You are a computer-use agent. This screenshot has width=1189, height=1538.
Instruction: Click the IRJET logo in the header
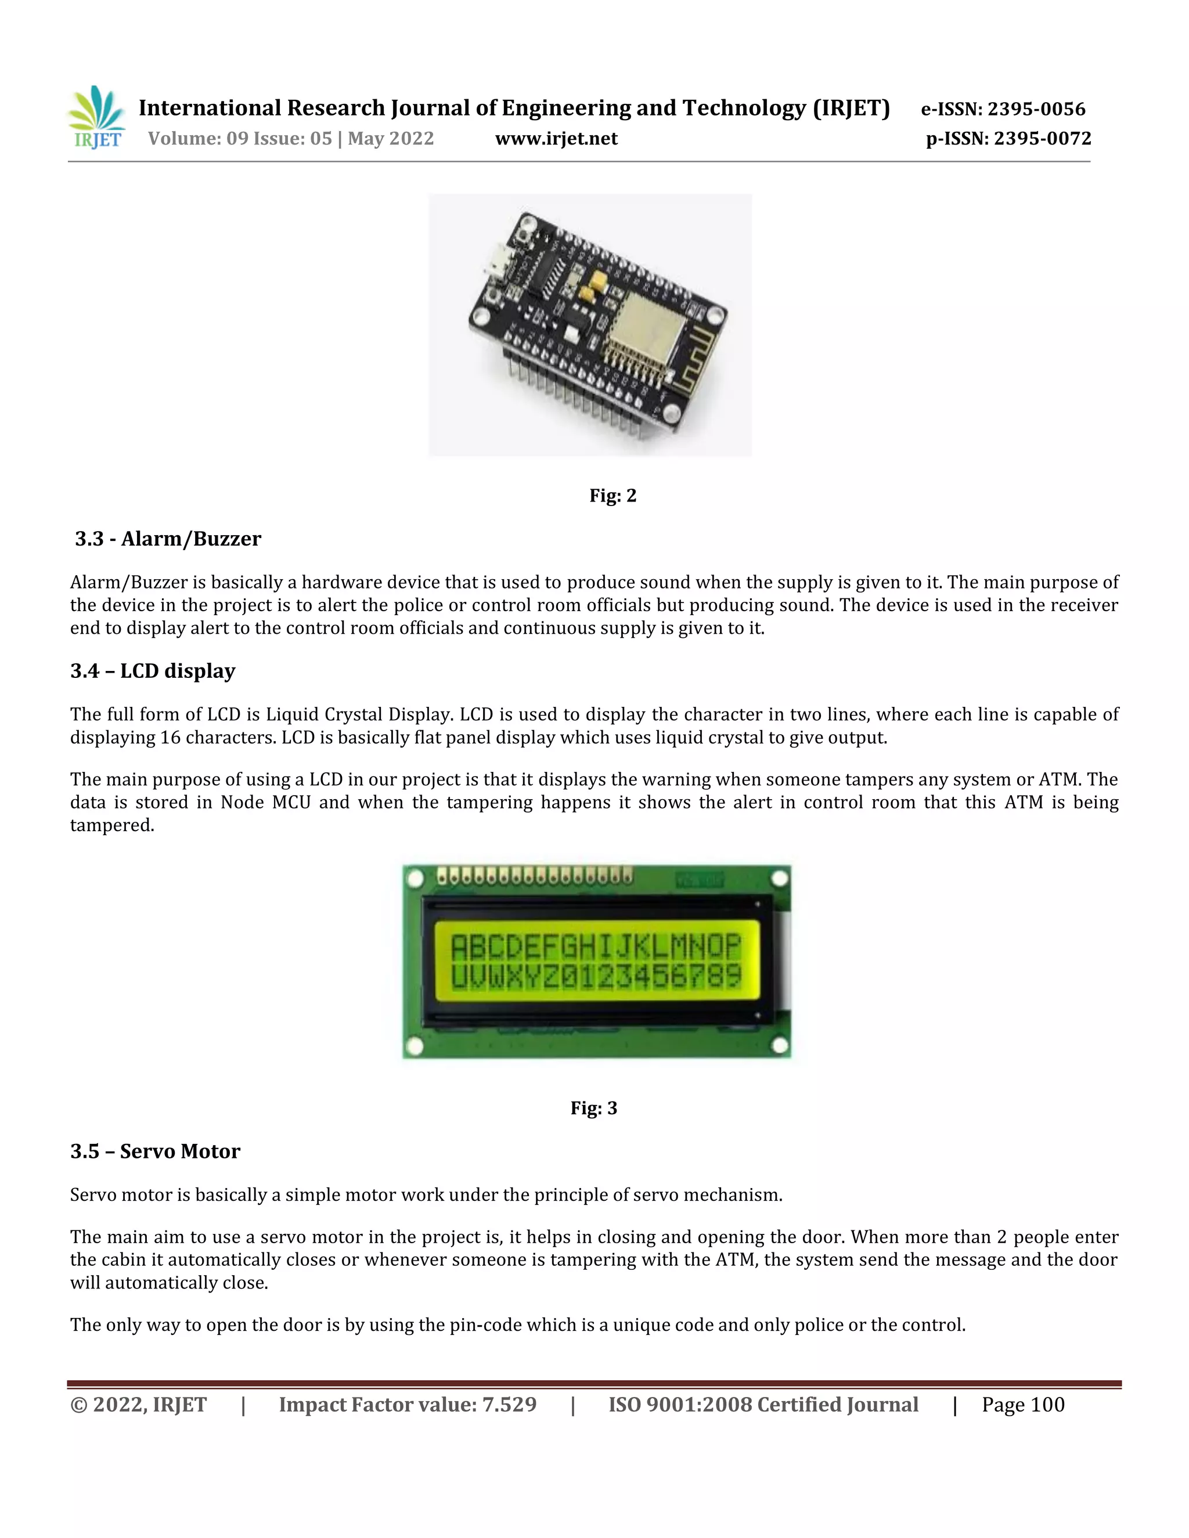point(96,118)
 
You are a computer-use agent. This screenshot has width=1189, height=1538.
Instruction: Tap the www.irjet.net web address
point(556,139)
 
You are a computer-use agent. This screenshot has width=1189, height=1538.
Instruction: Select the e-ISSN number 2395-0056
point(1036,109)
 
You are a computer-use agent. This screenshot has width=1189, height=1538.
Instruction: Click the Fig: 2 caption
point(612,496)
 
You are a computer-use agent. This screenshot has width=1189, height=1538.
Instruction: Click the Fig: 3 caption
point(593,1109)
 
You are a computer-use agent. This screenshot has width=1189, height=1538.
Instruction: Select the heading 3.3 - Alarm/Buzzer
point(168,539)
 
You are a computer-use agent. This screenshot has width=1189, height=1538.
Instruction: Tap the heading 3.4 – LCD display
point(152,671)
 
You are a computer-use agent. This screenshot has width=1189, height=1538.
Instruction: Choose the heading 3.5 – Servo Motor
point(155,1151)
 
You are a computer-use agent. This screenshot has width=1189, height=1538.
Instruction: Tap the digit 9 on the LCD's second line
point(733,976)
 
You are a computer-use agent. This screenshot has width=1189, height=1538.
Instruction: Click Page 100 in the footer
point(1023,1405)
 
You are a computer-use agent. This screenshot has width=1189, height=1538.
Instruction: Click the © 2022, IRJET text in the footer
point(138,1405)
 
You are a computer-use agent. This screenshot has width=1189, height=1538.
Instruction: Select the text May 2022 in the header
point(390,139)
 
